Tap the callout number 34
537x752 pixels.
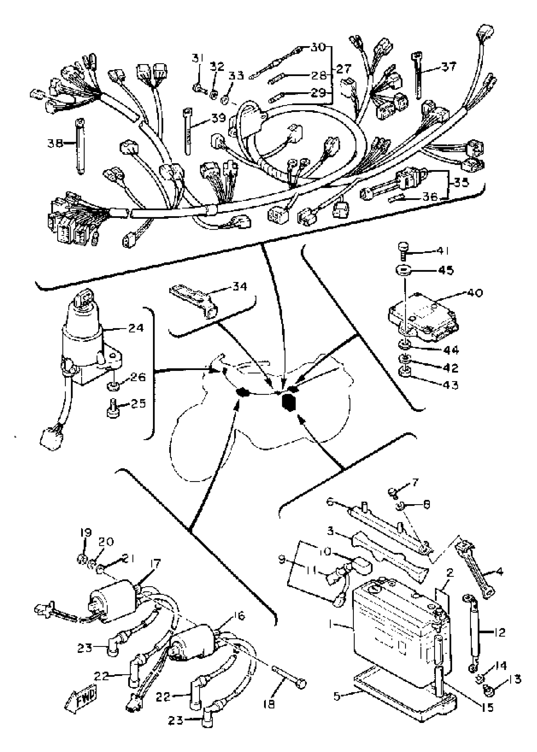click(240, 286)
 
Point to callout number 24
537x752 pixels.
click(136, 328)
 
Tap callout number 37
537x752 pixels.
click(448, 66)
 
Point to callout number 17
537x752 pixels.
click(155, 563)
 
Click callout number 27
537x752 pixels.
click(344, 69)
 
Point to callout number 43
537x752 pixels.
click(451, 385)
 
